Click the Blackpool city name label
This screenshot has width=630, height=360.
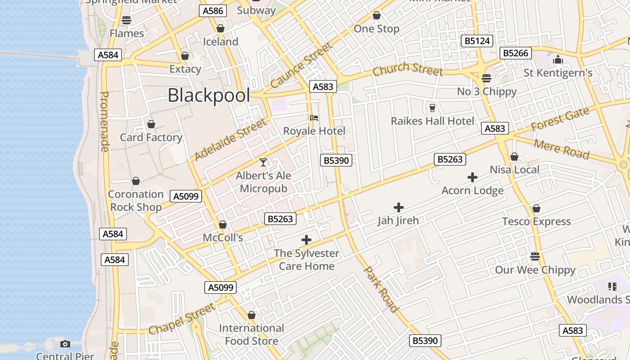point(209,95)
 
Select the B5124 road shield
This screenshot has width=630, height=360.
point(477,41)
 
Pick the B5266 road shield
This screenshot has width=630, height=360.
point(516,53)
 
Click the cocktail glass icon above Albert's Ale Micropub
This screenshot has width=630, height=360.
point(263,162)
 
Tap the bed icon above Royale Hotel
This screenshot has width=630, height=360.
point(314,118)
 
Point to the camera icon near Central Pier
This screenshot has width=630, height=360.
point(65,344)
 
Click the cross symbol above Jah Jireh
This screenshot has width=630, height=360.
point(398,207)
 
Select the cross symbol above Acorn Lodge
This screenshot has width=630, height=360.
point(472,177)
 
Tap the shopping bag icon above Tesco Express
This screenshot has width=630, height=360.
point(536,208)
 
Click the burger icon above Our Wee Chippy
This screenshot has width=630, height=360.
point(535,256)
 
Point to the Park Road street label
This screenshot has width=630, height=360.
point(381,289)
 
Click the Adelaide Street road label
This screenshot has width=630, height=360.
point(230,139)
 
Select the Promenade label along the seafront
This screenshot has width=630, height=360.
point(104,121)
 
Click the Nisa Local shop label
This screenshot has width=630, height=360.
point(514,170)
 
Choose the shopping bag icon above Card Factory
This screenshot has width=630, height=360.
point(151,124)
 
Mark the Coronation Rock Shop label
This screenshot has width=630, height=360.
point(135,201)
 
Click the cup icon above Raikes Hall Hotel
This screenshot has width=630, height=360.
point(432,108)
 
